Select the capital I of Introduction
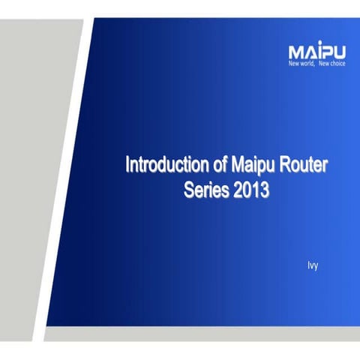pos(127,164)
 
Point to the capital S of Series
pos(189,189)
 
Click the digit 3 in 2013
pos(264,189)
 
